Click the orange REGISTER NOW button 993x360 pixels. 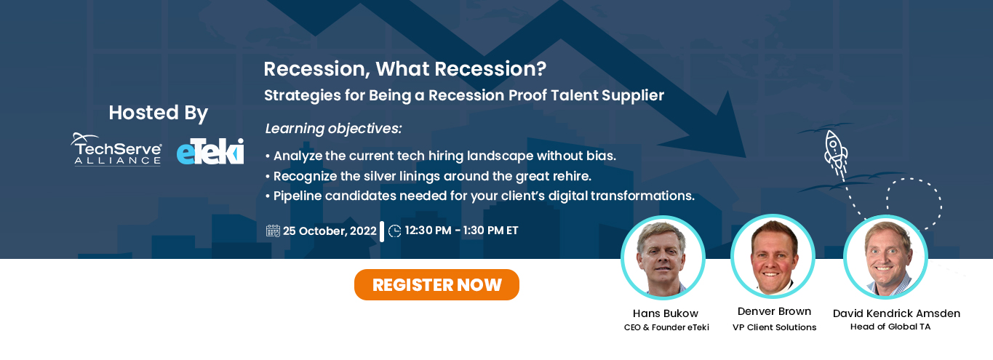click(x=436, y=284)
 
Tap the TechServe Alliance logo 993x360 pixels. click(x=116, y=149)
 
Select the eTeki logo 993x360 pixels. click(x=210, y=151)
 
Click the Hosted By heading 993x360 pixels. click(x=159, y=113)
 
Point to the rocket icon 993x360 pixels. click(x=835, y=153)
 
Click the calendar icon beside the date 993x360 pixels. click(x=273, y=231)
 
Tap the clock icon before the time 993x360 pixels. click(x=394, y=231)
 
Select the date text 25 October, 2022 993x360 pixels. click(x=330, y=231)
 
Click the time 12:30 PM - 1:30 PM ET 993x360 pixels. click(x=461, y=231)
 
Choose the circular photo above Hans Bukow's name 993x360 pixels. click(x=663, y=257)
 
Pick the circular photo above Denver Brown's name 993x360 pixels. click(x=773, y=256)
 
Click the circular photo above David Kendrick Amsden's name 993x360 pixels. click(x=885, y=257)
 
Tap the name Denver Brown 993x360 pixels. click(x=775, y=312)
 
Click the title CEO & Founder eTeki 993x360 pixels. click(x=666, y=327)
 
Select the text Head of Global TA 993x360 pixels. click(x=890, y=327)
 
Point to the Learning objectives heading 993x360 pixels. click(x=333, y=129)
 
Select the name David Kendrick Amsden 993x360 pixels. click(x=896, y=313)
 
